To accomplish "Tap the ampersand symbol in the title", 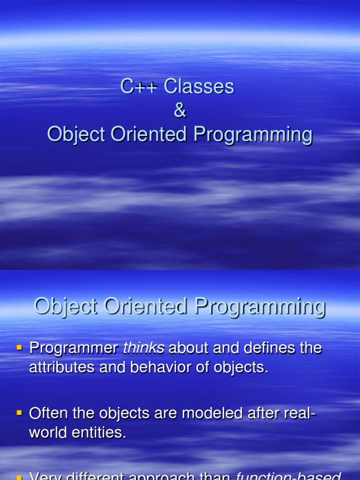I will pyautogui.click(x=180, y=111).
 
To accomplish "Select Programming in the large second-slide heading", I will pyautogui.click(x=260, y=307).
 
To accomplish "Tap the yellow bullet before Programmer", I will pyautogui.click(x=20, y=348).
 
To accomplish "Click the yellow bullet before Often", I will pyautogui.click(x=20, y=413).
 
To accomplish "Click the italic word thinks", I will pyautogui.click(x=143, y=348).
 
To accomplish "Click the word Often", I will pyautogui.click(x=46, y=413).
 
